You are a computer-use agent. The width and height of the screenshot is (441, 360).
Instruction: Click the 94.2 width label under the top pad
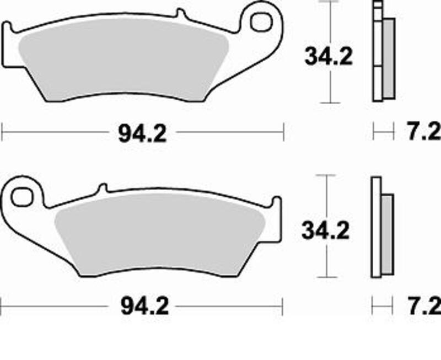[x=142, y=132]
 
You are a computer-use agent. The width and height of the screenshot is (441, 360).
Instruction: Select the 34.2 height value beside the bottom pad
[x=325, y=232]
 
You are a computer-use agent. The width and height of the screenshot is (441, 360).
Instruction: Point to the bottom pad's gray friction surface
[x=160, y=237]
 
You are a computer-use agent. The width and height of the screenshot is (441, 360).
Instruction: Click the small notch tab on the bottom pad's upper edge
[x=101, y=189]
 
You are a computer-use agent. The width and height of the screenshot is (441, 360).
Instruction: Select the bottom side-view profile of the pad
[x=377, y=229]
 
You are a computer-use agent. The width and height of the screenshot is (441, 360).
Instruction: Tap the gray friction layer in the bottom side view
[x=388, y=234]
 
